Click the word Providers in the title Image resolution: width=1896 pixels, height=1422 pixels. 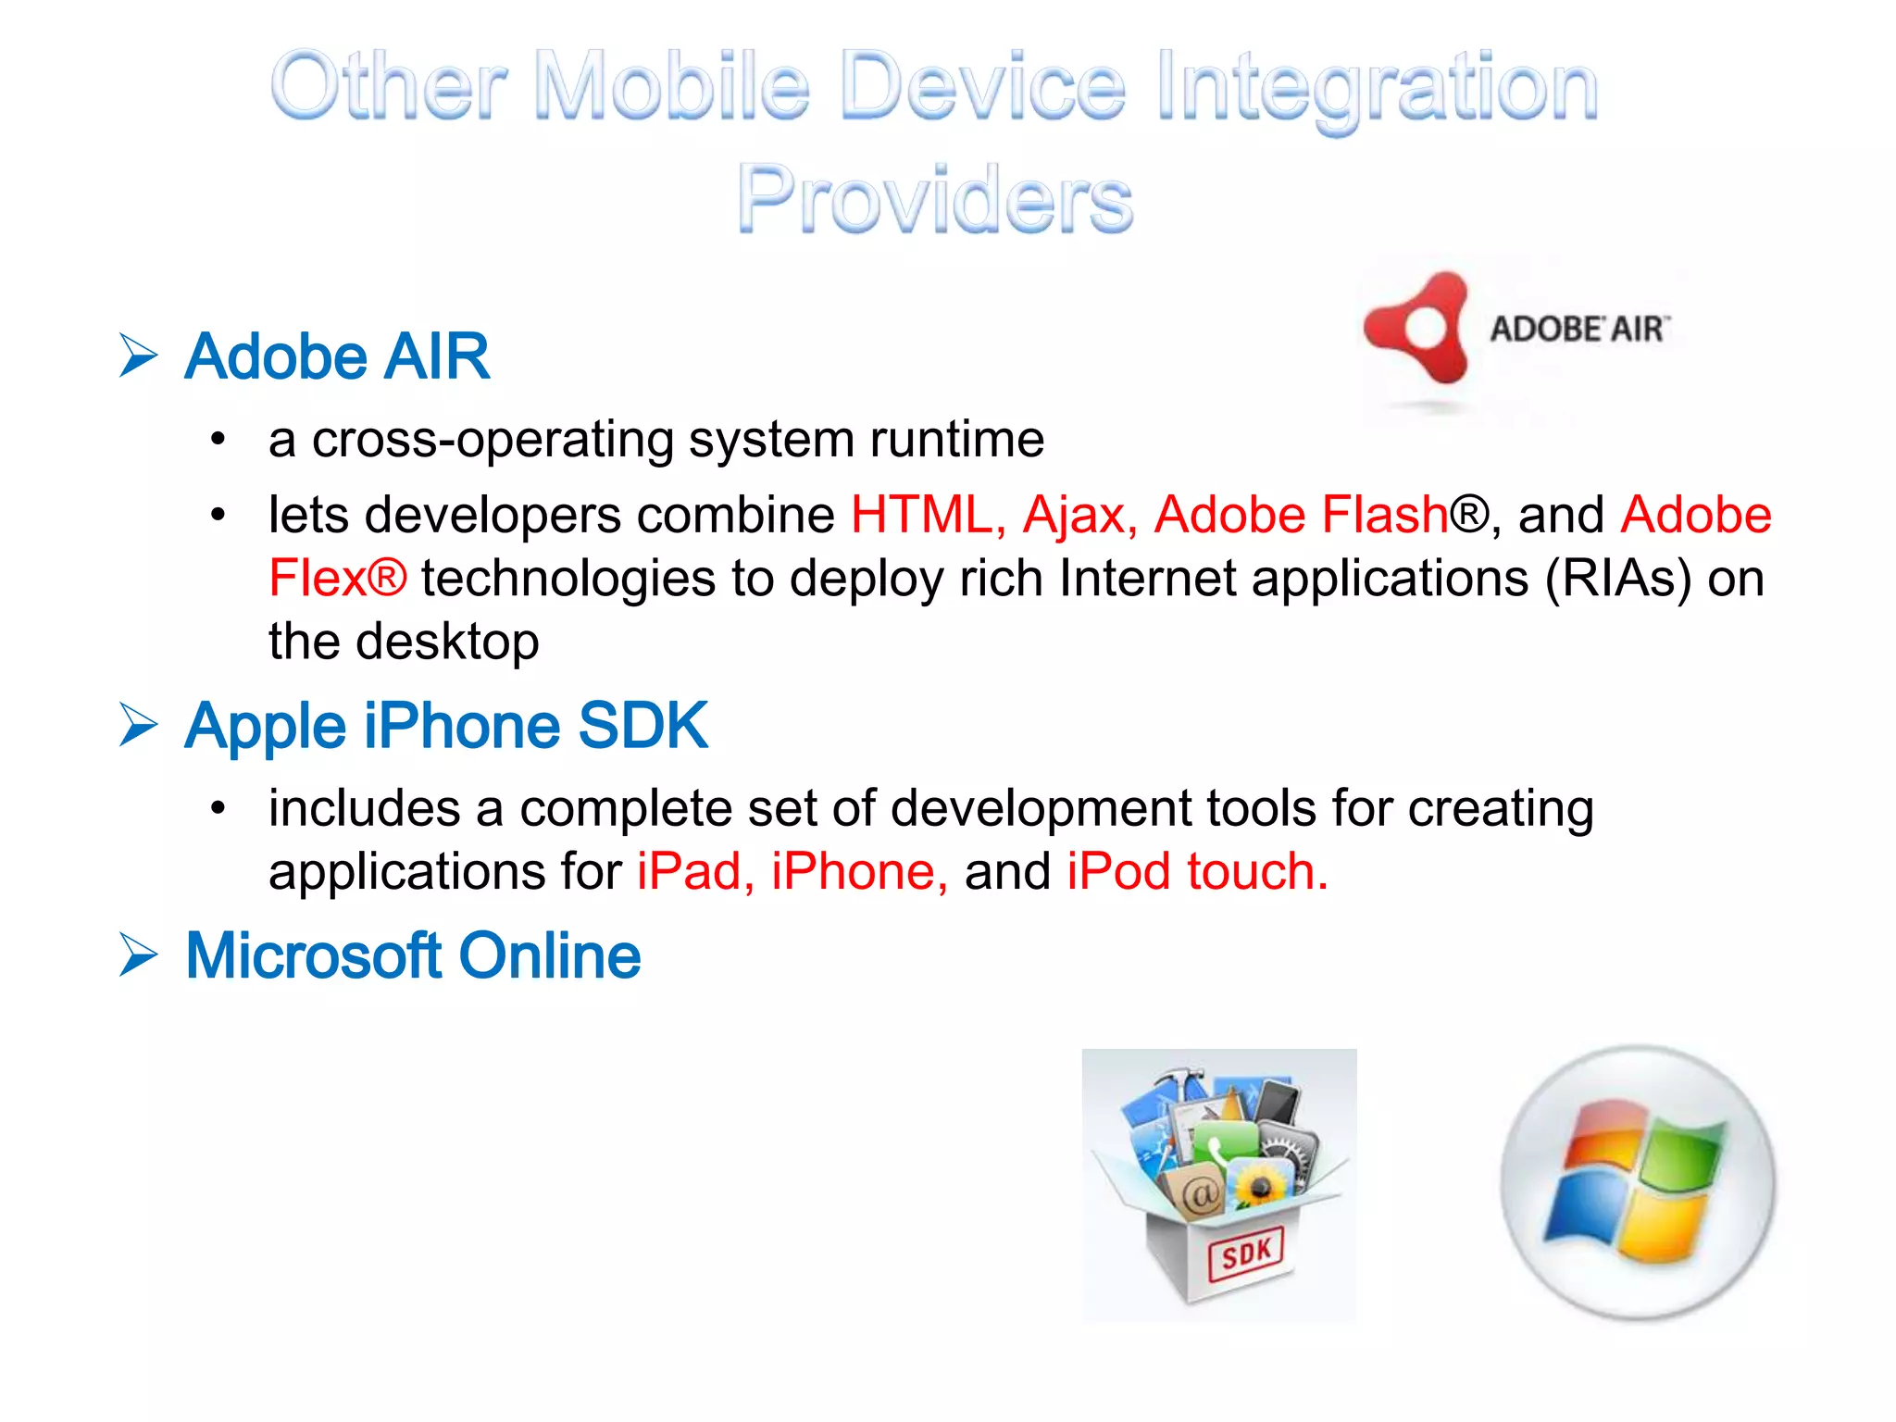pos(934,198)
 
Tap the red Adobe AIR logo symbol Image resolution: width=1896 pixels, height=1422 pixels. pos(1416,329)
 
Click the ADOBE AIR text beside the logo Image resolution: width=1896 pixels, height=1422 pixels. pos(1579,329)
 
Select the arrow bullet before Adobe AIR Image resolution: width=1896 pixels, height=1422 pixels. pos(139,356)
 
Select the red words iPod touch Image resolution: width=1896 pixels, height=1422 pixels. pos(1196,872)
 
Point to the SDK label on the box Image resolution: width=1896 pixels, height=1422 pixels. pos(1246,1254)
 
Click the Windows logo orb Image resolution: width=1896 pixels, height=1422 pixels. pos(1637,1182)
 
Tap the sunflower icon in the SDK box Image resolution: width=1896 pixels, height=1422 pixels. pos(1259,1184)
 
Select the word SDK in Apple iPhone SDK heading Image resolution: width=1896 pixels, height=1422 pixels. pos(642,726)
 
